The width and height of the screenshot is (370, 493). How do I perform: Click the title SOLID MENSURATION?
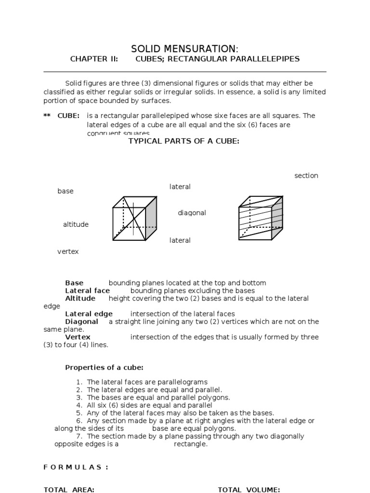pos(185,49)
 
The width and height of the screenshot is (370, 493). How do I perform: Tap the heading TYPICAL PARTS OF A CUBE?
pos(183,141)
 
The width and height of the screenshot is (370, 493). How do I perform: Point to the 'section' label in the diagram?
pos(306,176)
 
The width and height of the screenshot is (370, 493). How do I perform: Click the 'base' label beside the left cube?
pos(66,191)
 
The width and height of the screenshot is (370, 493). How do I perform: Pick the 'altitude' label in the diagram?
pos(76,224)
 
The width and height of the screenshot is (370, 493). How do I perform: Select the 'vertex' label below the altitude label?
pos(68,251)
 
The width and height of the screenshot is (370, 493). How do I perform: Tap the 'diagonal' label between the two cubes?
pos(192,213)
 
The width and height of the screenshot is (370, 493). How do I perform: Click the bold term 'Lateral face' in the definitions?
pos(87,291)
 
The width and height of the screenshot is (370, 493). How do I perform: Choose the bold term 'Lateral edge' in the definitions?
pos(89,314)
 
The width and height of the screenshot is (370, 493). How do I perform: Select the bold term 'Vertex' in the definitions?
pos(78,337)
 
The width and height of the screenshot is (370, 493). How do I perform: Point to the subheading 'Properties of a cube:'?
pos(104,368)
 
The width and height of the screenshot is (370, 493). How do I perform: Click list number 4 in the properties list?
pos(79,405)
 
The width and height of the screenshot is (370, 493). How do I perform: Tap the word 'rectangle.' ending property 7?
pos(191,444)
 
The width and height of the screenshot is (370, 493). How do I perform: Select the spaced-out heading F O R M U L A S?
pos(76,467)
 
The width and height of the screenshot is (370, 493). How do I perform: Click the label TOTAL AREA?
pos(69,490)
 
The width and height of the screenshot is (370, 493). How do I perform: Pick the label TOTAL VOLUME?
pos(249,490)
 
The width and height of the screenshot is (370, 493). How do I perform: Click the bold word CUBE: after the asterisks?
pos(68,116)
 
